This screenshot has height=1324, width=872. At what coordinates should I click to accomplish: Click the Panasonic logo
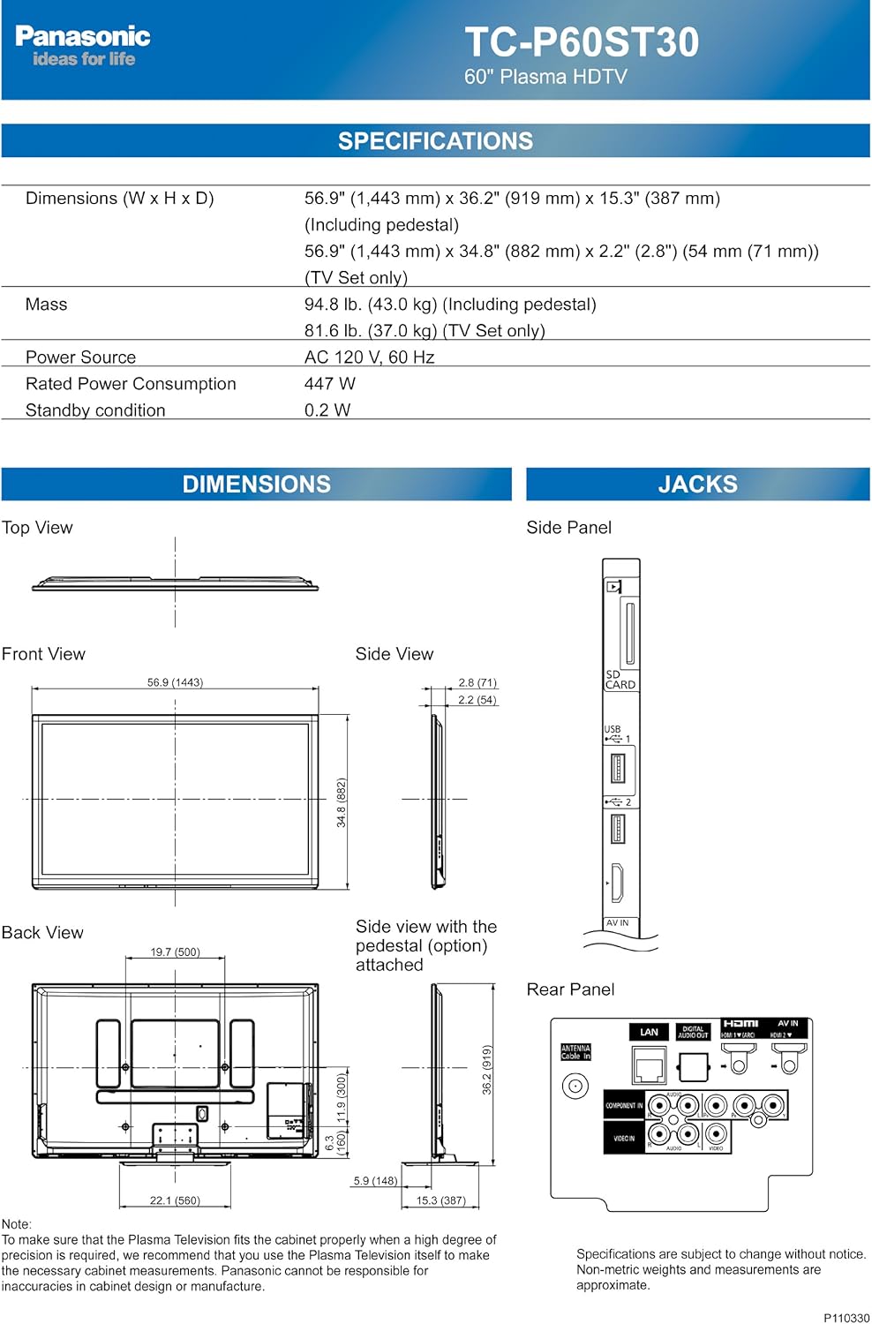click(82, 37)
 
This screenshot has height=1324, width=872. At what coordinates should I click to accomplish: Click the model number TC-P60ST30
click(582, 42)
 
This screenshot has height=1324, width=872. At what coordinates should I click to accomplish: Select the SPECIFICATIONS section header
click(435, 141)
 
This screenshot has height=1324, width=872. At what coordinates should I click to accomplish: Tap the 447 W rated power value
click(329, 384)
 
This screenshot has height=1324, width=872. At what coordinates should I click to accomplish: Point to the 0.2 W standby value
click(327, 410)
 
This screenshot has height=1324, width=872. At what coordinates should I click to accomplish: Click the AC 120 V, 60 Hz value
click(369, 357)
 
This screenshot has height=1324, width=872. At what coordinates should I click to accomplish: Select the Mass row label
click(46, 305)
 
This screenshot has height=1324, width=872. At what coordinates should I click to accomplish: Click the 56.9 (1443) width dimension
click(175, 682)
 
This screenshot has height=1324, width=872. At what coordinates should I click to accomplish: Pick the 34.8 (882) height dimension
click(342, 801)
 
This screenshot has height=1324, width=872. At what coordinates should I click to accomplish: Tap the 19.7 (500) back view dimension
click(175, 952)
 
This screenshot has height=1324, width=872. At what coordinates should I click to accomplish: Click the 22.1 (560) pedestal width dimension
click(175, 1200)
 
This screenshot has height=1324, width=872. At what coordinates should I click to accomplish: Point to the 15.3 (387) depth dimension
click(440, 1200)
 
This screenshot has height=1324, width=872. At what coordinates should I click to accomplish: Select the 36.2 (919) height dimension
click(486, 1069)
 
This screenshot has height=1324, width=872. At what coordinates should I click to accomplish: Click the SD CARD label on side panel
click(620, 680)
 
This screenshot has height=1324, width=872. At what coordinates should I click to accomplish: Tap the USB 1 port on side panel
click(618, 769)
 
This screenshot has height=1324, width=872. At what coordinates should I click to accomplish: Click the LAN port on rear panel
click(649, 1064)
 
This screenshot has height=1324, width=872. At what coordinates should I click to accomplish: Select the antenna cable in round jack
click(575, 1086)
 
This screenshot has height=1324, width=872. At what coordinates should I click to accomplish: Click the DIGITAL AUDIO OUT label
click(693, 1032)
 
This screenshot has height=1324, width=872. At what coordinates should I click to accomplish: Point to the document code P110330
click(846, 1318)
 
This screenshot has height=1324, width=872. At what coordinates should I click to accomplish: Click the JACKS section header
click(697, 485)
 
